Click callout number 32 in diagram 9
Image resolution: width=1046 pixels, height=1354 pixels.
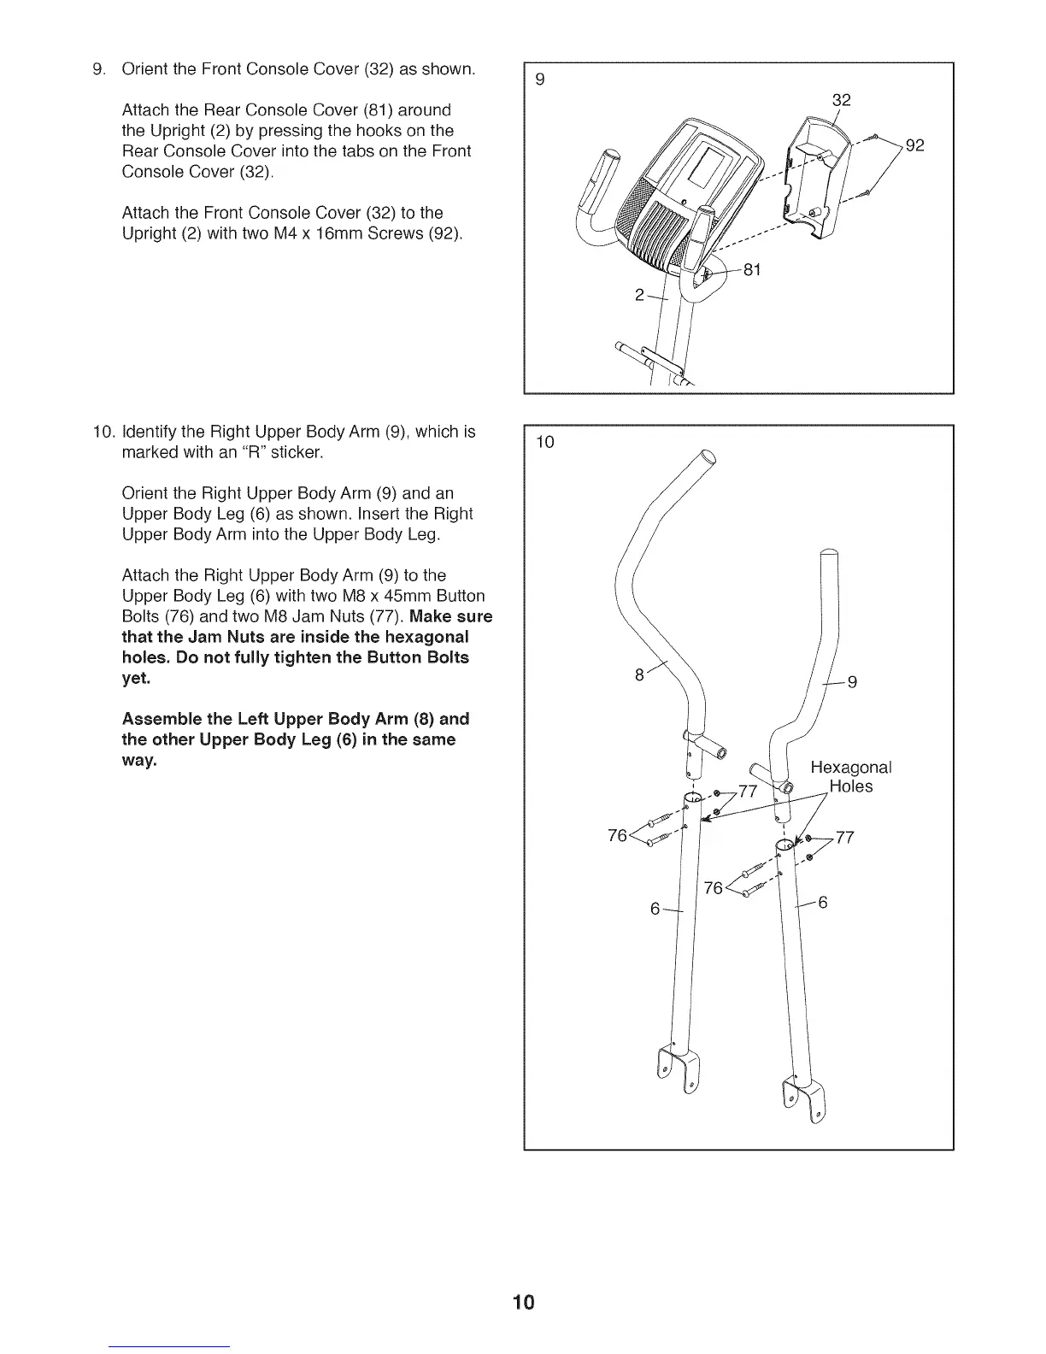(x=842, y=100)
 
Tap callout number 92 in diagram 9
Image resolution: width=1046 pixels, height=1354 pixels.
(x=915, y=145)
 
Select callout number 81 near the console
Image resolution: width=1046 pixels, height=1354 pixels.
(x=752, y=270)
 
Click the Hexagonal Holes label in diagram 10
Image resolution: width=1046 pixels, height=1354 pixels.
(x=850, y=776)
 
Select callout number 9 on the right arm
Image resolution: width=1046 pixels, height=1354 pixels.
(x=851, y=682)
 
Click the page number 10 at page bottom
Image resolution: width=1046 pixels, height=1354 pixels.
(x=523, y=1302)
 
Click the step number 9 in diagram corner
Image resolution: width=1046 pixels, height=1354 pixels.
(x=539, y=80)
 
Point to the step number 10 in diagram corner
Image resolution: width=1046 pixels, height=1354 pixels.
(x=544, y=442)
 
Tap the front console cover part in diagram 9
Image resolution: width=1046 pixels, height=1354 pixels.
(x=815, y=180)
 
